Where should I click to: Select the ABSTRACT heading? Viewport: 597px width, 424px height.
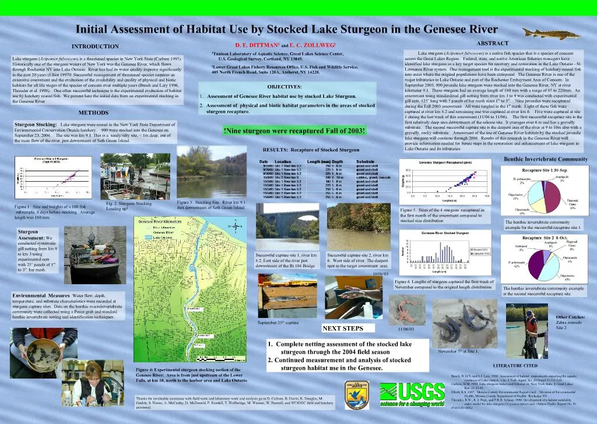point(492,44)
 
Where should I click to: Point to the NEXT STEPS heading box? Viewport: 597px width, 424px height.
point(343,328)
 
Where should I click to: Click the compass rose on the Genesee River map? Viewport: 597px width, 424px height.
point(234,227)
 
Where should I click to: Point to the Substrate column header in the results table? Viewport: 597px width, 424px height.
point(366,161)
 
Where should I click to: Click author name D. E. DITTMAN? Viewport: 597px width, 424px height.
point(257,44)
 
